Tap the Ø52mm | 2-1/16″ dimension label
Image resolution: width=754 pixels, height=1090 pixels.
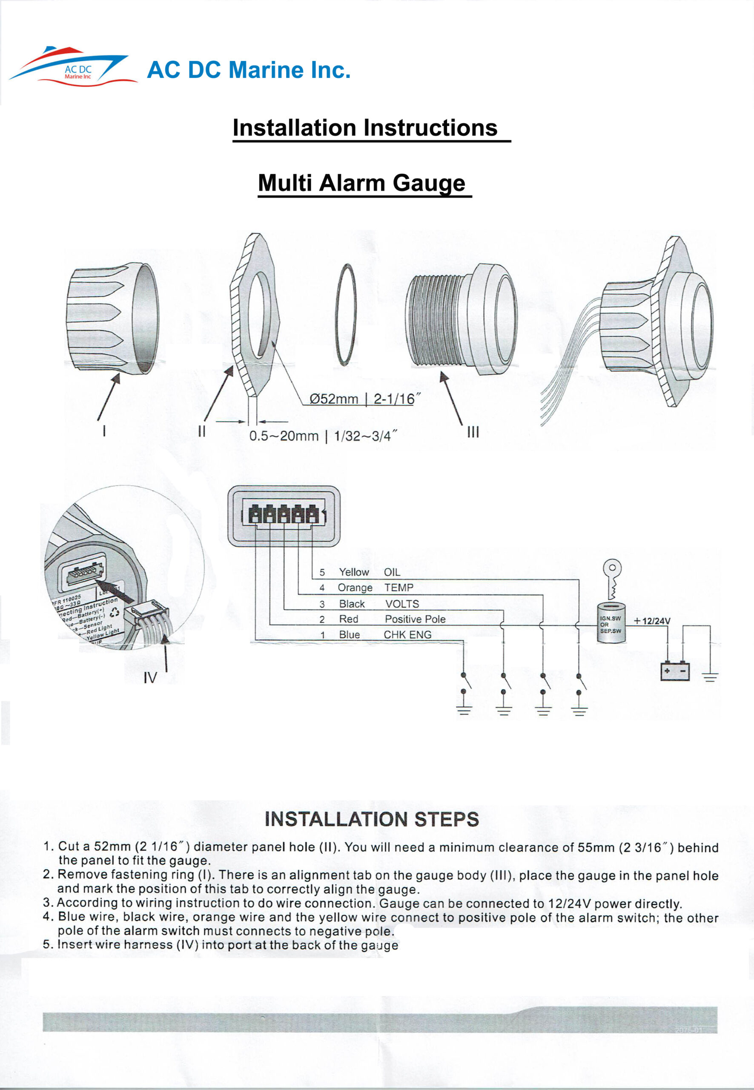[x=362, y=399]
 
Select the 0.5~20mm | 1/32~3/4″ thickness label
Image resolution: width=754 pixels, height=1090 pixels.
[x=323, y=436]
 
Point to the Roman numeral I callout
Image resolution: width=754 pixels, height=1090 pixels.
[x=104, y=431]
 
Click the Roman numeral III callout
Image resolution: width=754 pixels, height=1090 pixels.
[x=473, y=432]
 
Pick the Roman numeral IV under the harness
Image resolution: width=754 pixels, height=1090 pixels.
[x=150, y=678]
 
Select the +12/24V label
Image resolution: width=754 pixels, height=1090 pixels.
[x=651, y=621]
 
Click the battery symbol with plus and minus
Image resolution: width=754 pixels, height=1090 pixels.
[x=675, y=671]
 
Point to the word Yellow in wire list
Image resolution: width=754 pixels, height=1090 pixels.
[x=353, y=572]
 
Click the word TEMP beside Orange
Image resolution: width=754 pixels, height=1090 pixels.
[x=399, y=588]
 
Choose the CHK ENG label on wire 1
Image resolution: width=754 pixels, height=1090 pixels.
[x=407, y=634]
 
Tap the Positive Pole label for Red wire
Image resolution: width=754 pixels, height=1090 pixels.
[x=415, y=619]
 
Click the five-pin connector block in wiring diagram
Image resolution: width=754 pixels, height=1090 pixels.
[x=284, y=515]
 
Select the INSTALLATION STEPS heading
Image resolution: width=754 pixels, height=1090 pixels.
[x=372, y=819]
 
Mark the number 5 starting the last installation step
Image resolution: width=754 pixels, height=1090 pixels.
[x=46, y=944]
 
